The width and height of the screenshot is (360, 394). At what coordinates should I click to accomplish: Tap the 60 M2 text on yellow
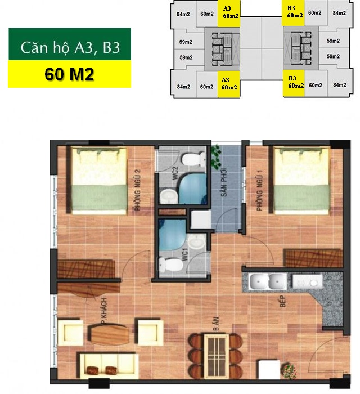69,75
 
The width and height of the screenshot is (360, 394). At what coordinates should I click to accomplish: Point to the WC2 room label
175,173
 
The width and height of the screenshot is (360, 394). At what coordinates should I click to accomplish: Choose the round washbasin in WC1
196,243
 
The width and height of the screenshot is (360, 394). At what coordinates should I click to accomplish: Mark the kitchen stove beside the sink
307,280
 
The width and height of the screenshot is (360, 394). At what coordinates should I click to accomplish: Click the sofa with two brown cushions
107,364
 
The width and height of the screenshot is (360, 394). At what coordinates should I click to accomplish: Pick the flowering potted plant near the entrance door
290,371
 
